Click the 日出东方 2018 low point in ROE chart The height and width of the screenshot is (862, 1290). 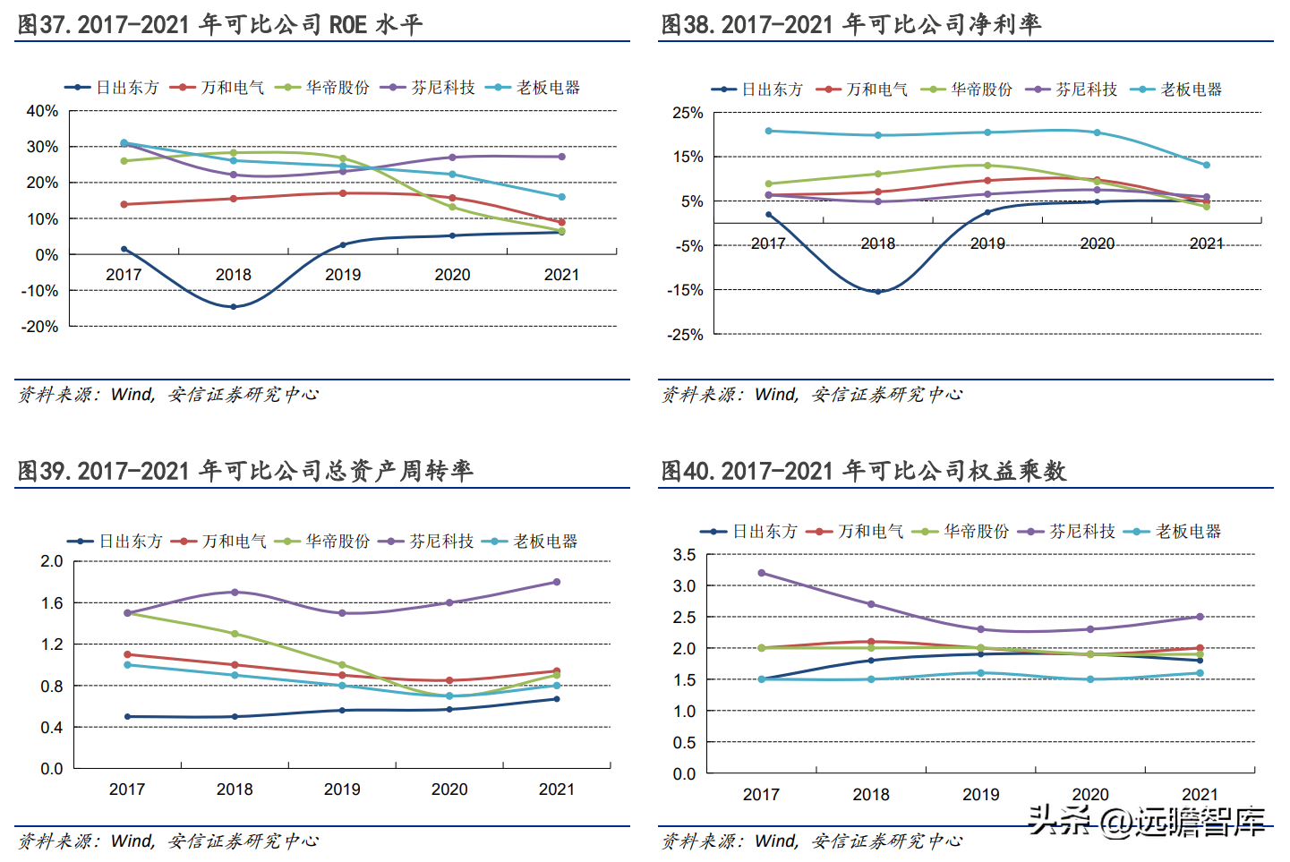pyautogui.click(x=234, y=307)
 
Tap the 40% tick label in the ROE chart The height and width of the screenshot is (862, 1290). pyautogui.click(x=42, y=111)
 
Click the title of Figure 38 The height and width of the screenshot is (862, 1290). pyautogui.click(x=850, y=24)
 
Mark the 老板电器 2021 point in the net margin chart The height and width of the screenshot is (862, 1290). pyautogui.click(x=1207, y=165)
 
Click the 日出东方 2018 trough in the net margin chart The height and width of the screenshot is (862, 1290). pyautogui.click(x=878, y=292)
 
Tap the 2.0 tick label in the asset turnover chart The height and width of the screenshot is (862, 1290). pyautogui.click(x=52, y=561)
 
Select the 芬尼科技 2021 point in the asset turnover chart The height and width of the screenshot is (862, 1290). pyautogui.click(x=557, y=582)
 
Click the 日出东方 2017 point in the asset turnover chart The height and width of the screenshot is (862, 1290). pyautogui.click(x=127, y=717)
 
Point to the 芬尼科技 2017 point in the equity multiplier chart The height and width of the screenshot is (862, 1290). pyautogui.click(x=762, y=573)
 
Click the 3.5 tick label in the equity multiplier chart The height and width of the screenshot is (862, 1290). pyautogui.click(x=684, y=555)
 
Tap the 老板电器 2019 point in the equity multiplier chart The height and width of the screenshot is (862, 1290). pyautogui.click(x=981, y=673)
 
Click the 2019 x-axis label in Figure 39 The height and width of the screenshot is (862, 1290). pyautogui.click(x=342, y=789)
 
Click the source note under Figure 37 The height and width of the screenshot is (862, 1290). pyautogui.click(x=168, y=394)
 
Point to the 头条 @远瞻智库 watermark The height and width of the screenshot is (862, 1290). pyautogui.click(x=1147, y=820)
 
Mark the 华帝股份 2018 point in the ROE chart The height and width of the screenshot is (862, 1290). pyautogui.click(x=234, y=153)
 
